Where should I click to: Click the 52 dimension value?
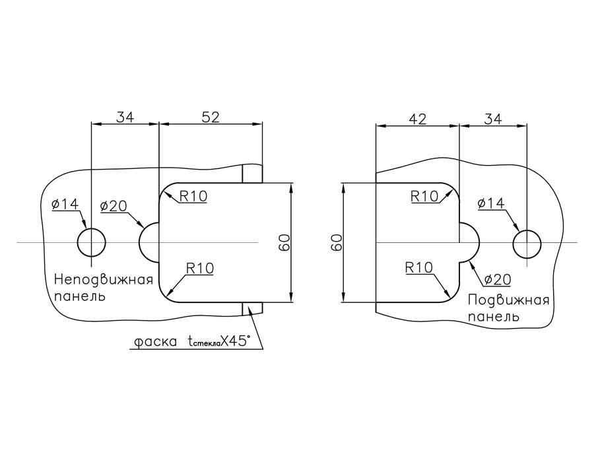pyautogui.click(x=210, y=117)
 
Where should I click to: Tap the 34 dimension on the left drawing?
pyautogui.click(x=125, y=117)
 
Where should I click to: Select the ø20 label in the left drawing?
pyautogui.click(x=114, y=207)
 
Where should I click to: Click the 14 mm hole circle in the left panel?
pyautogui.click(x=92, y=242)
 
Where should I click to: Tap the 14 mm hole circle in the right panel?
pyautogui.click(x=527, y=243)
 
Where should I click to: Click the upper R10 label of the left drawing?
pyautogui.click(x=193, y=195)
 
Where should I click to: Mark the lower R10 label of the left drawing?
pyautogui.click(x=200, y=268)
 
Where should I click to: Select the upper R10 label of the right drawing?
pyautogui.click(x=424, y=196)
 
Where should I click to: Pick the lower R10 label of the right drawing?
pyautogui.click(x=418, y=268)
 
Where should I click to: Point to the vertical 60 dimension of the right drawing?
pyautogui.click(x=336, y=242)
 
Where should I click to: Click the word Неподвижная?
pyautogui.click(x=103, y=279)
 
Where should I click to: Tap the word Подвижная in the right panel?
pyautogui.click(x=508, y=301)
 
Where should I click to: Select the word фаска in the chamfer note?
pyautogui.click(x=155, y=342)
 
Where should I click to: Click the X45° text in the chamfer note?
pyautogui.click(x=236, y=341)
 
